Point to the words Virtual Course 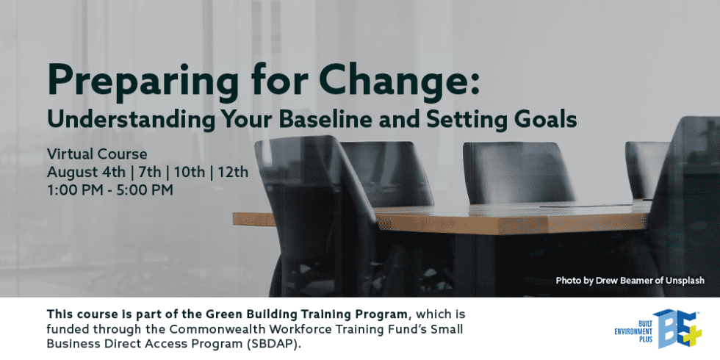click(x=97, y=154)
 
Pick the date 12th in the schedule click(x=234, y=172)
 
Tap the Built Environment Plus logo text click(x=633, y=329)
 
